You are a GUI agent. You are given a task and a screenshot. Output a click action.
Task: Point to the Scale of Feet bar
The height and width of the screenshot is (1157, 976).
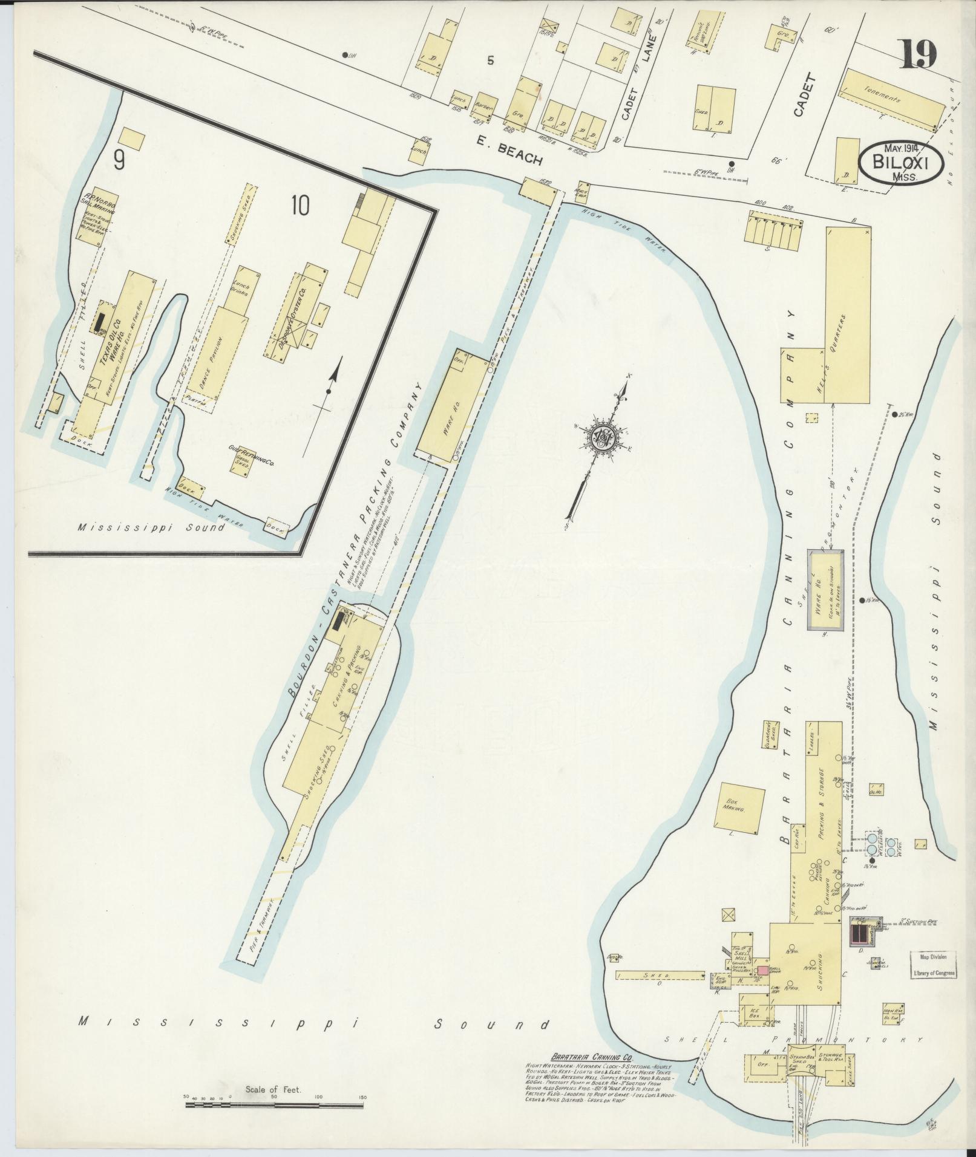[274, 1105]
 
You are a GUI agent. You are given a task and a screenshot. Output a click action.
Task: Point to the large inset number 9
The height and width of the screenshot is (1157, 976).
[119, 160]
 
